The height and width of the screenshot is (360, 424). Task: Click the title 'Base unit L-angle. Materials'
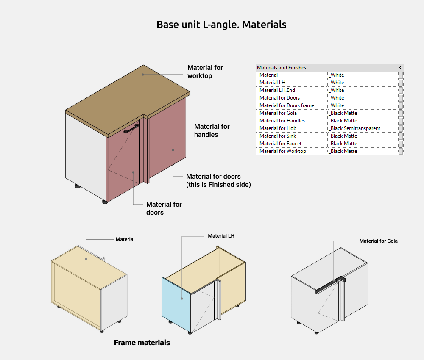[x=221, y=25]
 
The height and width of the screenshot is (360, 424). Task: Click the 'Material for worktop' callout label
[x=205, y=72]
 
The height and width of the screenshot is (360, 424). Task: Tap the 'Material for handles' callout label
[x=212, y=130]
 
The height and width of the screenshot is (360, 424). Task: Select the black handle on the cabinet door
[x=131, y=129]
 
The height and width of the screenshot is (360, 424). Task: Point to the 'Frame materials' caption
[x=142, y=343]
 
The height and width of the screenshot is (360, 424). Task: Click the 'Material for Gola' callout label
[x=378, y=241]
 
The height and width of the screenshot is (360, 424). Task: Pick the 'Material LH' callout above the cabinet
[x=221, y=236]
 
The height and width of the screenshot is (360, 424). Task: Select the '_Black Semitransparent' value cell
[x=355, y=128]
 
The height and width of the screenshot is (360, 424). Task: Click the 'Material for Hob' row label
[x=278, y=128]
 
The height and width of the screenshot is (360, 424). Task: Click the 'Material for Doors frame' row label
[x=287, y=105]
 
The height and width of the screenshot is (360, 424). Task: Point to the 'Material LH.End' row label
[x=277, y=90]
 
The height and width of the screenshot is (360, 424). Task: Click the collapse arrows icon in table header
[x=399, y=68]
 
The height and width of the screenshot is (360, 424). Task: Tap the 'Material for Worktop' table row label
[x=282, y=151]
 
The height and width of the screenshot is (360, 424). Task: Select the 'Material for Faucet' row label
[x=280, y=144]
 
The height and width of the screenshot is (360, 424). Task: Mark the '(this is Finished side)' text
[x=218, y=185]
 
